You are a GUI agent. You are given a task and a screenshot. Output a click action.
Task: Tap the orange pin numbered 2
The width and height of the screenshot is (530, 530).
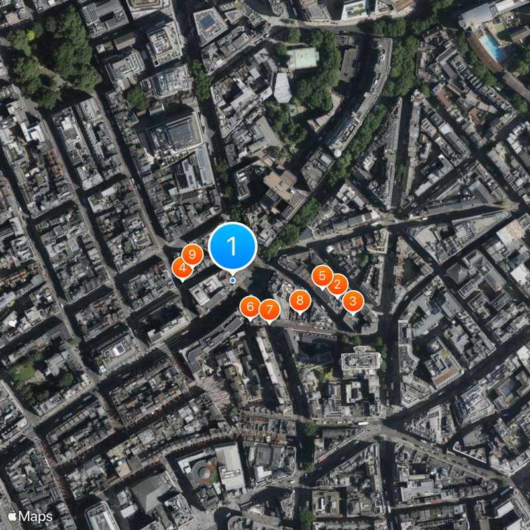(x=337, y=284)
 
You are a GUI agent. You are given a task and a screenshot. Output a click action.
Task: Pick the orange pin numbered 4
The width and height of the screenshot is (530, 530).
(x=182, y=268)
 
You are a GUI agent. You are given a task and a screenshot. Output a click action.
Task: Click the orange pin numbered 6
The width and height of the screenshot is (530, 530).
(x=250, y=307)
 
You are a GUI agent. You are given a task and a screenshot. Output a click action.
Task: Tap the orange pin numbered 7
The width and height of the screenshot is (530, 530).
(x=269, y=309)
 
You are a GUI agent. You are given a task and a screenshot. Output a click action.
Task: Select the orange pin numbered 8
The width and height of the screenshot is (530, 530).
(x=299, y=300)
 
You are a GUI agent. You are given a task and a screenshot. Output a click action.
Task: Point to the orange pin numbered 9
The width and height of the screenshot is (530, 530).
(x=192, y=254)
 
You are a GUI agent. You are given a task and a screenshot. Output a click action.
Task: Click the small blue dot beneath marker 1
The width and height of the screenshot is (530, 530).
(x=233, y=280)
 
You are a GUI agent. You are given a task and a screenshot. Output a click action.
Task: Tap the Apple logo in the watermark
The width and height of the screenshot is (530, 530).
(x=12, y=515)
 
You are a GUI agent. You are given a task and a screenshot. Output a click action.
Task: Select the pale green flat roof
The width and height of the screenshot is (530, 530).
(x=303, y=58)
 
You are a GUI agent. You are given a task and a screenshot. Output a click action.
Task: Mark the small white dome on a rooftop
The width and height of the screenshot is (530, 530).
(x=338, y=153)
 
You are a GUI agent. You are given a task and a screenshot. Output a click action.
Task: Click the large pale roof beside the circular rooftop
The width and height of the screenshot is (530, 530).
(x=230, y=466)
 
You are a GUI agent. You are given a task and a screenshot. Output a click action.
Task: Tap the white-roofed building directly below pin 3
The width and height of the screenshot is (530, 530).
(x=361, y=361)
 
